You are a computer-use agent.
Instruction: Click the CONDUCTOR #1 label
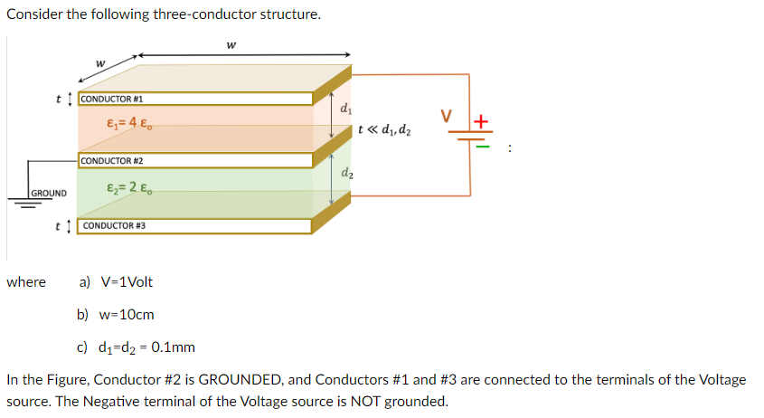111,99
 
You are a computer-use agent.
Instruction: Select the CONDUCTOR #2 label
111,160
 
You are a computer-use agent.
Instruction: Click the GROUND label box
48,193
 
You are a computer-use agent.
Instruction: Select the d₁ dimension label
347,108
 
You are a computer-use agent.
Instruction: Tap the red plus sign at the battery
481,119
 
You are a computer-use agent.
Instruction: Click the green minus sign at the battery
482,144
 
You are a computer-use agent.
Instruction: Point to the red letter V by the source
445,115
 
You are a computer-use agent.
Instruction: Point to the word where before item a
26,282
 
